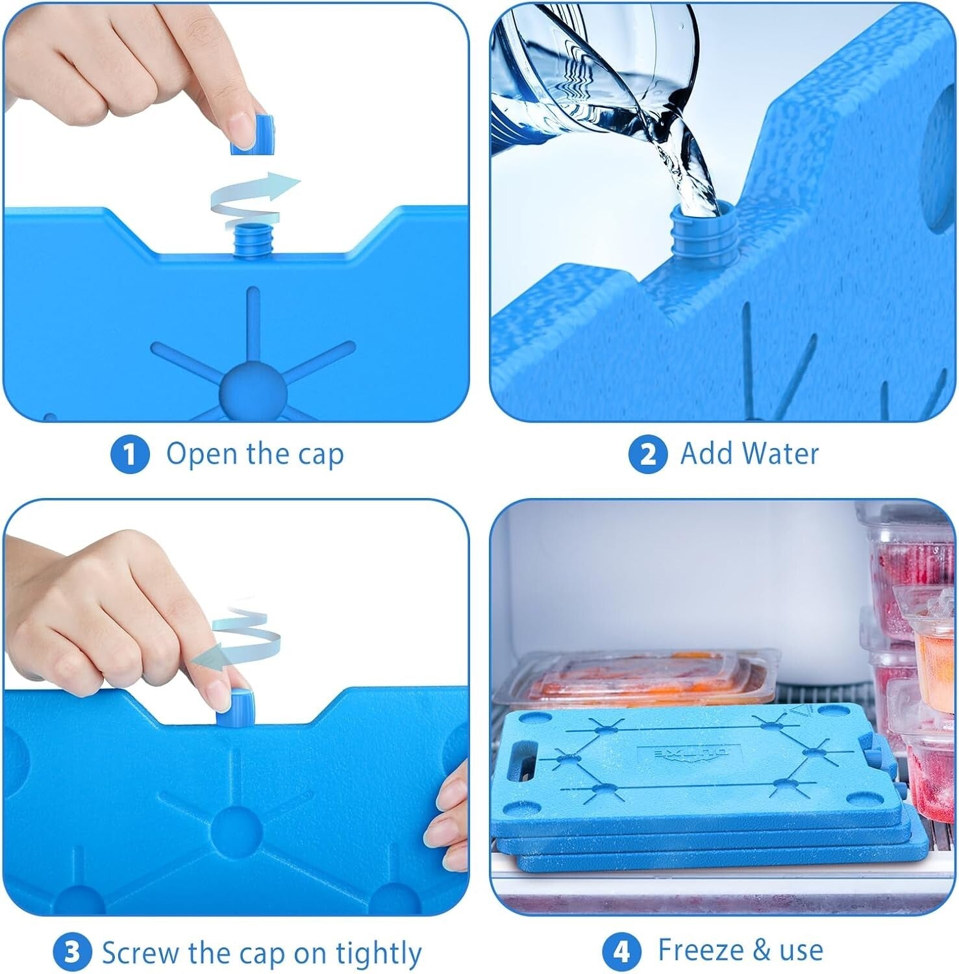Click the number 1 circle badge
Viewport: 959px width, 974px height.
click(130, 455)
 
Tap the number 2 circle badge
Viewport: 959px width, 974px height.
click(647, 455)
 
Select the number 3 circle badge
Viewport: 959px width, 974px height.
click(72, 953)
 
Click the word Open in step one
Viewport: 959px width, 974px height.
click(202, 454)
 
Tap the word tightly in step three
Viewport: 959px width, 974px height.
click(379, 953)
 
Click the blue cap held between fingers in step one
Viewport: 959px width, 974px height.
click(253, 135)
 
